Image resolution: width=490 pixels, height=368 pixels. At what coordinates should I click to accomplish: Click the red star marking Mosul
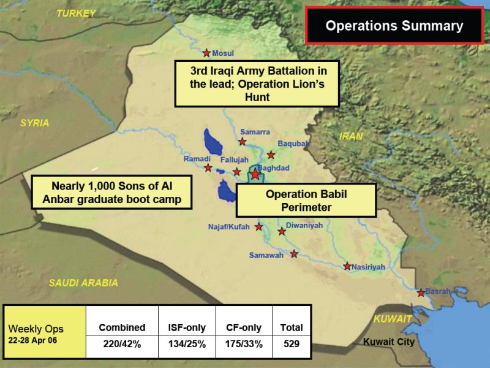tap(206, 53)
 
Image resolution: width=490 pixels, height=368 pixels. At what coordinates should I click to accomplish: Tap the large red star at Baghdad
tap(255, 174)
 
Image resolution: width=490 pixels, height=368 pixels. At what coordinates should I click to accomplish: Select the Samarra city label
tap(255, 132)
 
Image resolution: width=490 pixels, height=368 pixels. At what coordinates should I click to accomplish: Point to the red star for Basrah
tap(421, 293)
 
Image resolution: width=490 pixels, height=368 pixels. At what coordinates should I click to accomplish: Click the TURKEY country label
tap(76, 13)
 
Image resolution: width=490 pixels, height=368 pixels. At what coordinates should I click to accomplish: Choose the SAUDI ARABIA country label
tap(83, 283)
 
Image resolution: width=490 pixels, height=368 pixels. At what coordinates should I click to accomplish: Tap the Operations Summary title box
tap(394, 26)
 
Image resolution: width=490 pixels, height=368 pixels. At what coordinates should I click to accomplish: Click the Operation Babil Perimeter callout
tap(306, 201)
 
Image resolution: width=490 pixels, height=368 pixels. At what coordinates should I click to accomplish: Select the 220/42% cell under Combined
tap(122, 344)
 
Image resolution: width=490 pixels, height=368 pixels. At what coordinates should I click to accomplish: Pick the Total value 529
tap(292, 344)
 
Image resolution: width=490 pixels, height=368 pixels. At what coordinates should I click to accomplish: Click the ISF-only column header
tap(187, 328)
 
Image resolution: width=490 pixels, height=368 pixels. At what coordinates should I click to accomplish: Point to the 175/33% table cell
tap(244, 344)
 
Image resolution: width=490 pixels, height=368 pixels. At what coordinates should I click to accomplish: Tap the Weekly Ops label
tap(36, 329)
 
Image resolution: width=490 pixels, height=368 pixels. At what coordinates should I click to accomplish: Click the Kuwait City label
tap(389, 342)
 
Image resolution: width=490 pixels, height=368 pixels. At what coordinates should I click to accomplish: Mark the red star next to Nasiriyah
tap(347, 266)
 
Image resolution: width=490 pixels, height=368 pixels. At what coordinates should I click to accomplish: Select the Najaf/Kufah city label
tap(229, 227)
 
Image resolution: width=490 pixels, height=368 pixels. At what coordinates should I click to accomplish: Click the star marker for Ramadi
tap(208, 168)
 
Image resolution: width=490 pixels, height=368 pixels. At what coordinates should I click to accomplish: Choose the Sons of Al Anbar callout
tap(111, 193)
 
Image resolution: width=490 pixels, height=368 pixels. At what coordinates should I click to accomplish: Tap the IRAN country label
tap(351, 136)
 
